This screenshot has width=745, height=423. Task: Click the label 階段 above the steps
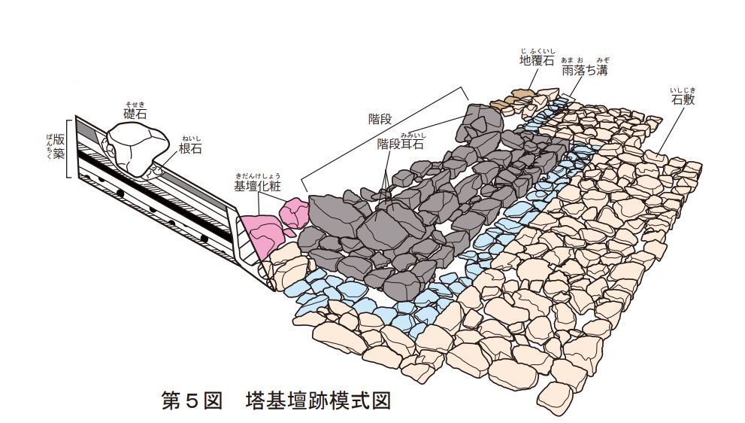pyautogui.click(x=380, y=118)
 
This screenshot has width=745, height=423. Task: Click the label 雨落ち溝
pyautogui.click(x=585, y=70)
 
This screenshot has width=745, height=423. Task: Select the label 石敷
pyautogui.click(x=683, y=100)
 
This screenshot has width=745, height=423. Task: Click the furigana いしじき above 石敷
pyautogui.click(x=683, y=90)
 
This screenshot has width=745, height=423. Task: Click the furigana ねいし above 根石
pyautogui.click(x=192, y=139)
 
